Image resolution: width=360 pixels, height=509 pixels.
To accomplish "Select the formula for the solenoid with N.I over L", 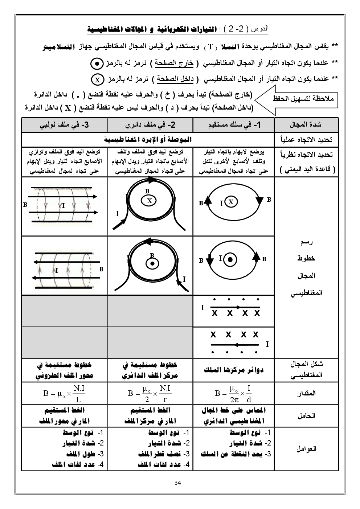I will (64, 393).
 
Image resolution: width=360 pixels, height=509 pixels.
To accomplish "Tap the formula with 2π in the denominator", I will (234, 393).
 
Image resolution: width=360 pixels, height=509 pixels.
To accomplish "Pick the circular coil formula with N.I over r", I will (150, 393).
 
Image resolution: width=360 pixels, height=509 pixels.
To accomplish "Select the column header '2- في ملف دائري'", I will (150, 125).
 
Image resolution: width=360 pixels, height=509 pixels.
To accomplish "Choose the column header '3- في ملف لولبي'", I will (64, 125).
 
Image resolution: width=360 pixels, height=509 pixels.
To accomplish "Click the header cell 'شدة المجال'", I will (306, 125).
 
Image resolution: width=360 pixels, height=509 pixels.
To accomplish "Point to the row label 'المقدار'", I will (306, 393).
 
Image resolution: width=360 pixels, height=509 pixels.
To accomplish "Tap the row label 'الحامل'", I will (306, 416).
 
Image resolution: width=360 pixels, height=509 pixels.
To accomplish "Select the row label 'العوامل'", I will (306, 449).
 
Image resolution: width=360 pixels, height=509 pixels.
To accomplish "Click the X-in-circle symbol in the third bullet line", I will (97, 79).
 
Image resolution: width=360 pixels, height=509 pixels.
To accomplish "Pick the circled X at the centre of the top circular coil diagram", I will (149, 201).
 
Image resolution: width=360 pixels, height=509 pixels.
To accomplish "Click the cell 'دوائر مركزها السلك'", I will (234, 370).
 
